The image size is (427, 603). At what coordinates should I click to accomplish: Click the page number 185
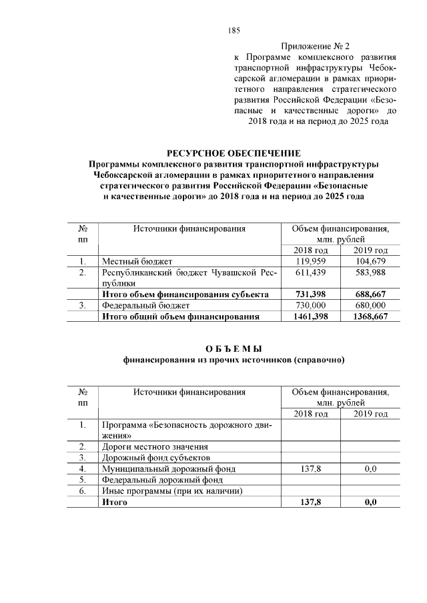tap(234, 31)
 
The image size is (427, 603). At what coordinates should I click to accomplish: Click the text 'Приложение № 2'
tap(315, 47)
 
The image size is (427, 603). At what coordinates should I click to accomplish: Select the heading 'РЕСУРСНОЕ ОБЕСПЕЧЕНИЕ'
tap(233, 153)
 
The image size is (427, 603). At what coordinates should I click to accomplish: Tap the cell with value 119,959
tap(310, 261)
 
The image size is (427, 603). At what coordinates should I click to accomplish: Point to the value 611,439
tap(310, 272)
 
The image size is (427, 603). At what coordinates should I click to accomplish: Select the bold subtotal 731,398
tap(310, 294)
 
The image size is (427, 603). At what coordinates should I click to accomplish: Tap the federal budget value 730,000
tap(310, 305)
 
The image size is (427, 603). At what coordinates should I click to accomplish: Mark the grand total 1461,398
tap(310, 316)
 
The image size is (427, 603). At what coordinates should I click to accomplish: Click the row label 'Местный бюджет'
tap(137, 261)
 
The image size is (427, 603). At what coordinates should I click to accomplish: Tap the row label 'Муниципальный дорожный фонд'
tap(168, 469)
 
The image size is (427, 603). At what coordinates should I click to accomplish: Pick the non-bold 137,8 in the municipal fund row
tap(310, 469)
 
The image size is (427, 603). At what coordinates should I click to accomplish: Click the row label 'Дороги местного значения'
tap(155, 446)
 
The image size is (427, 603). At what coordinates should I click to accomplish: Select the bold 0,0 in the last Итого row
tap(370, 502)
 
